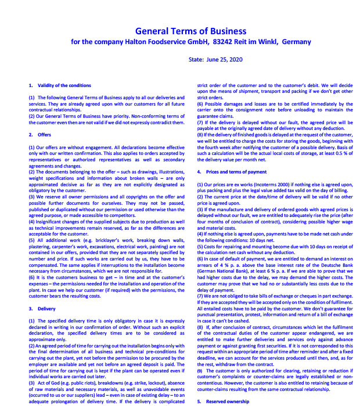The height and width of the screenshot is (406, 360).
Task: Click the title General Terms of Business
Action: (x=190, y=31)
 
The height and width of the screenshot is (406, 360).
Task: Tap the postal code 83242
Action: (x=224, y=42)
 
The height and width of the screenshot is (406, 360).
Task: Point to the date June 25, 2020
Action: (x=226, y=59)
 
